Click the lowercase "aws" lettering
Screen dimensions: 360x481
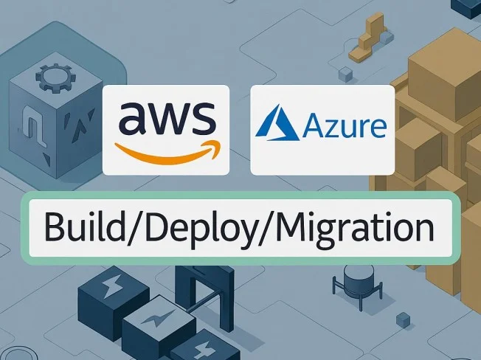[166, 118]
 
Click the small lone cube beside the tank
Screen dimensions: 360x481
[403, 319]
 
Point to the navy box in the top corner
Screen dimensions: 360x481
[466, 7]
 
